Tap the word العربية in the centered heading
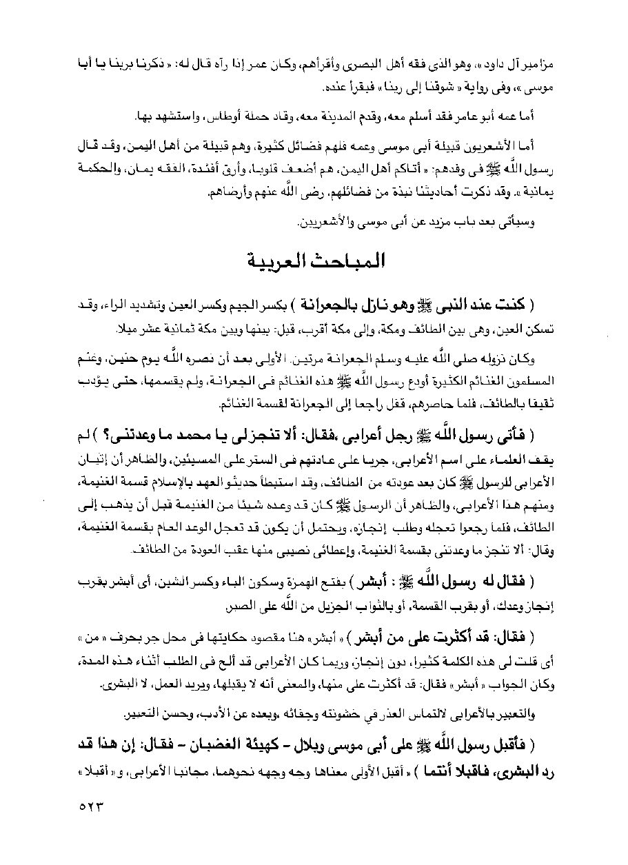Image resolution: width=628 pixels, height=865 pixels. [274, 263]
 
